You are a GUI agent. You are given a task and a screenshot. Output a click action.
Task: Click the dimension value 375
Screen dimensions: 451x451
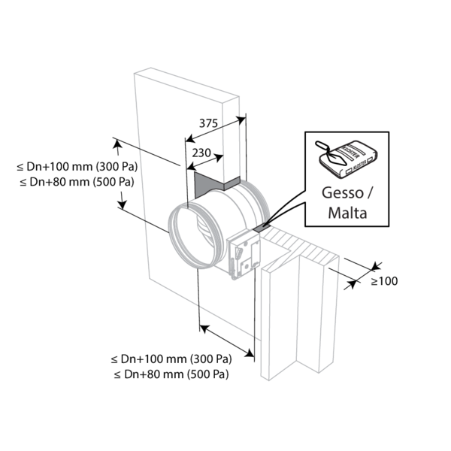pyautogui.click(x=208, y=123)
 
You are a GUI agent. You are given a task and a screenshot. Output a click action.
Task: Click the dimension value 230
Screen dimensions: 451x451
pyautogui.click(x=201, y=153)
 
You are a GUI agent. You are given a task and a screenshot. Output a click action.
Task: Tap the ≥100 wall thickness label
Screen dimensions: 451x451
pyautogui.click(x=384, y=281)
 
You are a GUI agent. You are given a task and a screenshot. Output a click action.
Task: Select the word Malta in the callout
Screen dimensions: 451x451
pyautogui.click(x=347, y=213)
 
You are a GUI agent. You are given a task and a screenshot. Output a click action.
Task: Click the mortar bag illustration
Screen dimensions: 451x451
pyautogui.click(x=348, y=159)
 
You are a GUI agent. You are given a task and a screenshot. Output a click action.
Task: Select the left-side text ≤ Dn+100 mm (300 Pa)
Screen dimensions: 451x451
pyautogui.click(x=77, y=167)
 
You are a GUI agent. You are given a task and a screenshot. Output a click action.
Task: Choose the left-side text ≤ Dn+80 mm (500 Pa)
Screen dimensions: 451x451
pyautogui.click(x=77, y=182)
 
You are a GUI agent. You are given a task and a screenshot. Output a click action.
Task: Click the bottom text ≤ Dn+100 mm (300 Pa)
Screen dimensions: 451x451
pyautogui.click(x=171, y=359)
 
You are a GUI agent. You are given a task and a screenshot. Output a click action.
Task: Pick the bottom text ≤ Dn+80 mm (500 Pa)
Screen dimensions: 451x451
pyautogui.click(x=171, y=374)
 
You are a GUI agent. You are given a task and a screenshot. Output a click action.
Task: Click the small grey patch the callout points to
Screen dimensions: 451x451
pyautogui.click(x=261, y=228)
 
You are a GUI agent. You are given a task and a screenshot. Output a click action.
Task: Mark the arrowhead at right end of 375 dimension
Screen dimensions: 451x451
pyautogui.click(x=241, y=120)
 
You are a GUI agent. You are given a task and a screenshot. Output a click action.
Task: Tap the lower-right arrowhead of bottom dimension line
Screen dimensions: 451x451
pyautogui.click(x=250, y=353)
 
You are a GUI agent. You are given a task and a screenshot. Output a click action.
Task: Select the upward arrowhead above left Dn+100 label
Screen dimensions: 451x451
pyautogui.click(x=118, y=143)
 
